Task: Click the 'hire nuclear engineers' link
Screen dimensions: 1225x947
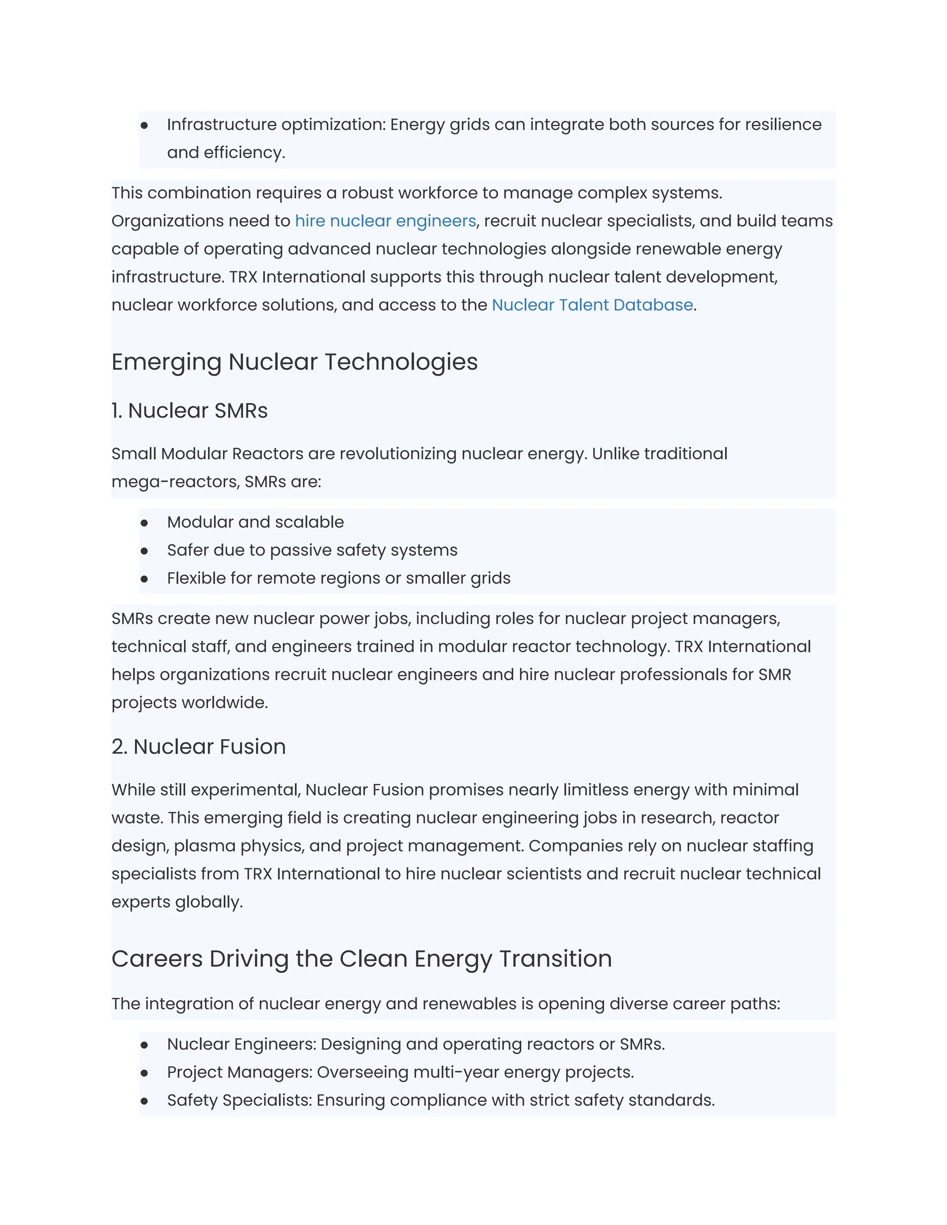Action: click(386, 221)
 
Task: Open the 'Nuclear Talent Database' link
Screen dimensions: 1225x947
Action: click(592, 305)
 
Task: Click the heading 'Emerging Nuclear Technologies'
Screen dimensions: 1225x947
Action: click(295, 362)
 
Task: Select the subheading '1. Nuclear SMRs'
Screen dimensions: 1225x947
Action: click(190, 410)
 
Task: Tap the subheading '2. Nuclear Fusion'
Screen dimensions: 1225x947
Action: click(198, 747)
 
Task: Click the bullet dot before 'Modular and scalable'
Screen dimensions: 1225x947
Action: click(144, 523)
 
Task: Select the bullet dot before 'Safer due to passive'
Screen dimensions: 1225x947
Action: click(144, 551)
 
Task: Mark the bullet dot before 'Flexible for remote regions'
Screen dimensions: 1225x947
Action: click(144, 579)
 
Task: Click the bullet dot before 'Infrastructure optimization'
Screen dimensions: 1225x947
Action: click(144, 125)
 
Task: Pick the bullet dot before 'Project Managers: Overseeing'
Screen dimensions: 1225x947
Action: click(144, 1073)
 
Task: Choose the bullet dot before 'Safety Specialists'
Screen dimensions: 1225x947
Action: click(144, 1101)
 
